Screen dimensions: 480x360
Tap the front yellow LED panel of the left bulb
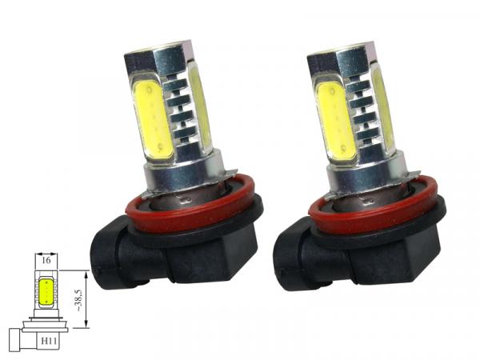coord(153,121)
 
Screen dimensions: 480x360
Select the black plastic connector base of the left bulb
coord(174,257)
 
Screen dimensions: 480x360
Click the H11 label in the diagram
coord(49,341)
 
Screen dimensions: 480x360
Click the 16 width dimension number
coord(46,261)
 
